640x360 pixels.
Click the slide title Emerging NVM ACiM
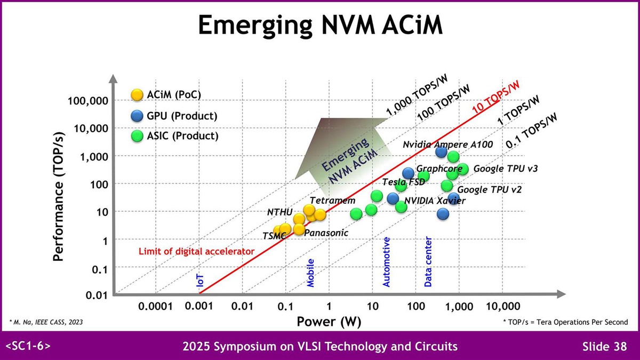pyautogui.click(x=320, y=26)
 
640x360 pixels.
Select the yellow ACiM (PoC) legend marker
pyautogui.click(x=137, y=95)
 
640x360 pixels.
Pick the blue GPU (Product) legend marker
pyautogui.click(x=137, y=116)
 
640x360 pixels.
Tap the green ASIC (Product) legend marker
pyautogui.click(x=137, y=136)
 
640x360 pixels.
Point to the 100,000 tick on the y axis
pyautogui.click(x=87, y=101)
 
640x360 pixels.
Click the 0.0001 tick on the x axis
pyautogui.click(x=155, y=307)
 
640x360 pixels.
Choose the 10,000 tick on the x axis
pyautogui.click(x=502, y=307)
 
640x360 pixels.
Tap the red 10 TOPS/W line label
pyautogui.click(x=496, y=97)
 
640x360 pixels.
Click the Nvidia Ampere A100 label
pyautogui.click(x=448, y=145)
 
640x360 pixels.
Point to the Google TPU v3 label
pyautogui.click(x=505, y=169)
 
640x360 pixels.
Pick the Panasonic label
pyautogui.click(x=326, y=233)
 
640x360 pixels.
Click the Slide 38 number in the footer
pyautogui.click(x=604, y=347)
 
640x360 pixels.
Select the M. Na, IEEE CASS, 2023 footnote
pyautogui.click(x=46, y=322)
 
